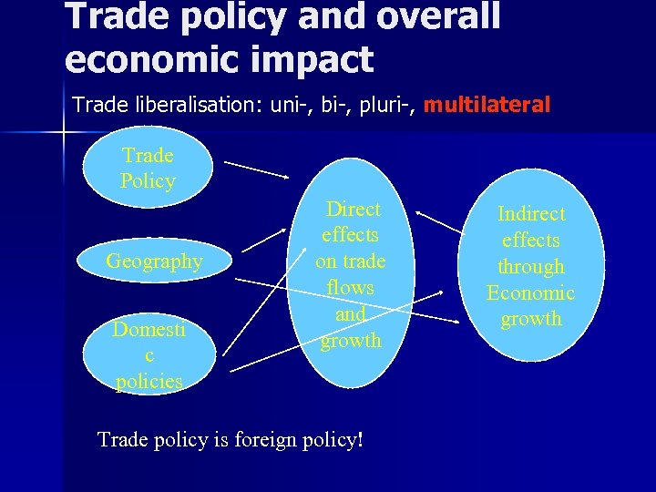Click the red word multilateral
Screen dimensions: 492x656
[487, 106]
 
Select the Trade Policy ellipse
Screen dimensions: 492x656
[148, 168]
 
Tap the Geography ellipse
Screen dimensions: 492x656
[154, 261]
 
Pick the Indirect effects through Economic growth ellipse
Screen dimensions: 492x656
[530, 266]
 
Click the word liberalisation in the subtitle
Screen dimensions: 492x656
[190, 106]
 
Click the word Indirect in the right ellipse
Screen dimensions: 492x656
[530, 214]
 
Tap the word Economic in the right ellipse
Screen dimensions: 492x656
[530, 292]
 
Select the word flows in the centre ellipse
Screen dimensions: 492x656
[351, 288]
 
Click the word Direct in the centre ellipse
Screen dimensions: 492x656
[354, 209]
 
